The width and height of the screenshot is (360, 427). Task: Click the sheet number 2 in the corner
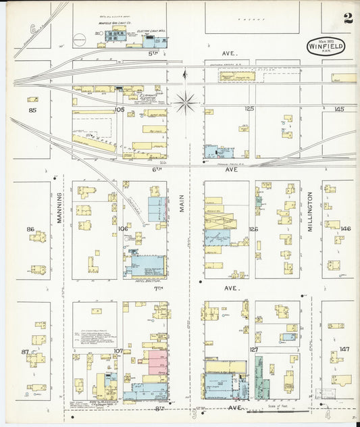347,18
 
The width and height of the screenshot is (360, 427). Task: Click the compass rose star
184,103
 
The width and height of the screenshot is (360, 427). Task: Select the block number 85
32,109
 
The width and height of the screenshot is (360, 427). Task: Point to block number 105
120,109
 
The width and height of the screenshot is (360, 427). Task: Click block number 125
249,109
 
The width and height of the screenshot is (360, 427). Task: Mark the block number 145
338,109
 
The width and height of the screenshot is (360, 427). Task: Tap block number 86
30,229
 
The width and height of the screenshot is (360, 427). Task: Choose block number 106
122,229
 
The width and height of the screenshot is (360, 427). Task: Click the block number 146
346,229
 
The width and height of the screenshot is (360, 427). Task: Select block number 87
25,351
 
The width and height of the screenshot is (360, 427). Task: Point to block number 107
118,351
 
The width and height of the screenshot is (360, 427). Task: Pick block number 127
254,349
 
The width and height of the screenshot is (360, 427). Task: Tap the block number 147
345,349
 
